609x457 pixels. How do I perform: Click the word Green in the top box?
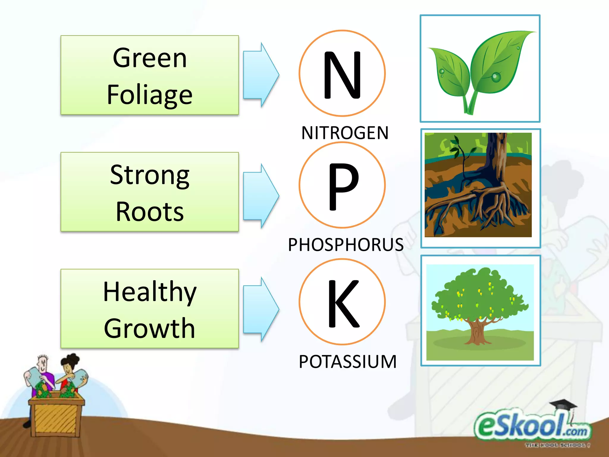tap(150, 58)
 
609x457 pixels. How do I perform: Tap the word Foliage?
tap(150, 95)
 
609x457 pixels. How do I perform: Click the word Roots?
tap(150, 212)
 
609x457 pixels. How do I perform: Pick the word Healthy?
tap(150, 292)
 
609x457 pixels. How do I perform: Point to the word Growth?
tap(150, 328)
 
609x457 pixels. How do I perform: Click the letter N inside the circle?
tap(342, 74)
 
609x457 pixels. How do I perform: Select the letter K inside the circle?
tap(343, 303)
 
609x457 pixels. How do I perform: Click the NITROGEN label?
tap(345, 133)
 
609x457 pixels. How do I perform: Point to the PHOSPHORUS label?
tap(346, 245)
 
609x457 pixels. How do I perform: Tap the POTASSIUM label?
tap(348, 361)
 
